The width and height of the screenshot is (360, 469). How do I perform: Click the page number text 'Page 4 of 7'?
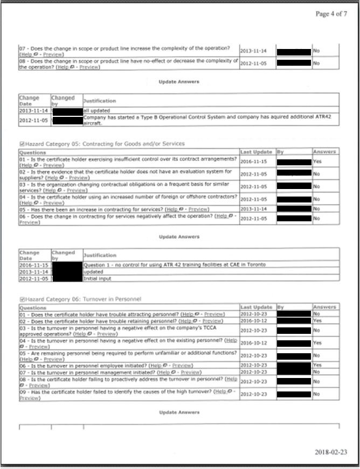tap(331, 14)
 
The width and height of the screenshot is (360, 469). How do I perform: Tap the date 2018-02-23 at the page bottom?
tap(331, 451)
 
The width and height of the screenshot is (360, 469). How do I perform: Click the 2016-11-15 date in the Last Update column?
tap(257, 161)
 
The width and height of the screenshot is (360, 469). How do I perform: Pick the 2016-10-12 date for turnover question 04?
tap(257, 342)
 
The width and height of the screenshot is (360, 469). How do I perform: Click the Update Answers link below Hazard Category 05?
tap(179, 237)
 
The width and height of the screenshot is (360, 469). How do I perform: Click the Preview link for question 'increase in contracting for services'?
tap(196, 209)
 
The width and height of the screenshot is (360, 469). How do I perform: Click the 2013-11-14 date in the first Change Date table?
tap(33, 110)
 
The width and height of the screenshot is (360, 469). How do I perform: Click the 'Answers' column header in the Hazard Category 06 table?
tap(324, 307)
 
